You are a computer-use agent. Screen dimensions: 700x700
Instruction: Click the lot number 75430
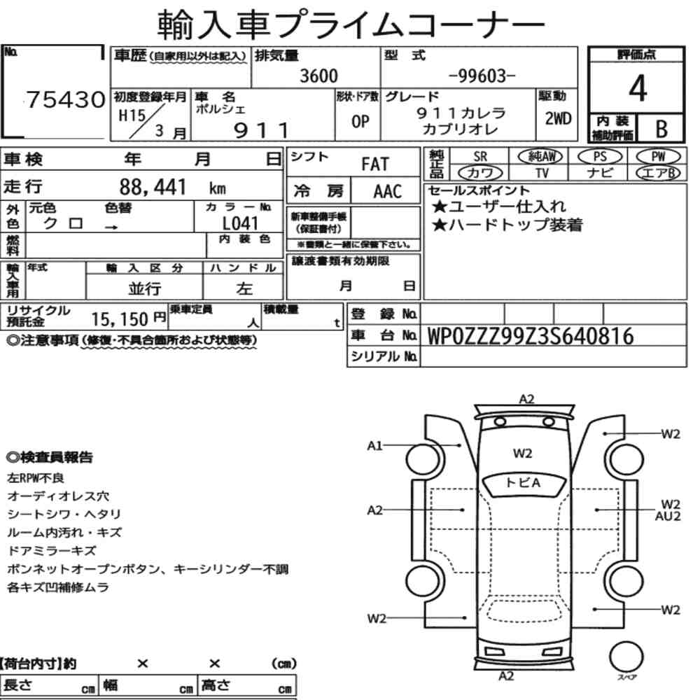pos(66,99)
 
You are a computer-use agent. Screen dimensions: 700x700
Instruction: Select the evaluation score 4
pos(637,88)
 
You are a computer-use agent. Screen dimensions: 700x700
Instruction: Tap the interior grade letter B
pos(661,129)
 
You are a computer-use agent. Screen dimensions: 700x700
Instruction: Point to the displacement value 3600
pos(318,76)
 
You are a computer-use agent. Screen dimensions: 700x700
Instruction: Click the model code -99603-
pos(482,76)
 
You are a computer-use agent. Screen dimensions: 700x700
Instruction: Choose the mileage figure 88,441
pos(152,187)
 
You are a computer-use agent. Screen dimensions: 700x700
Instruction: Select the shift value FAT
pos(375,164)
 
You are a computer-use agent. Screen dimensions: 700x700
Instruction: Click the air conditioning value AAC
pos(388,192)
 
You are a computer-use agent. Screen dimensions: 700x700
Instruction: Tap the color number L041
pos(240,223)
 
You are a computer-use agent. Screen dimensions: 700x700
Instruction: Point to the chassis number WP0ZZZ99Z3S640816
pos(531,336)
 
